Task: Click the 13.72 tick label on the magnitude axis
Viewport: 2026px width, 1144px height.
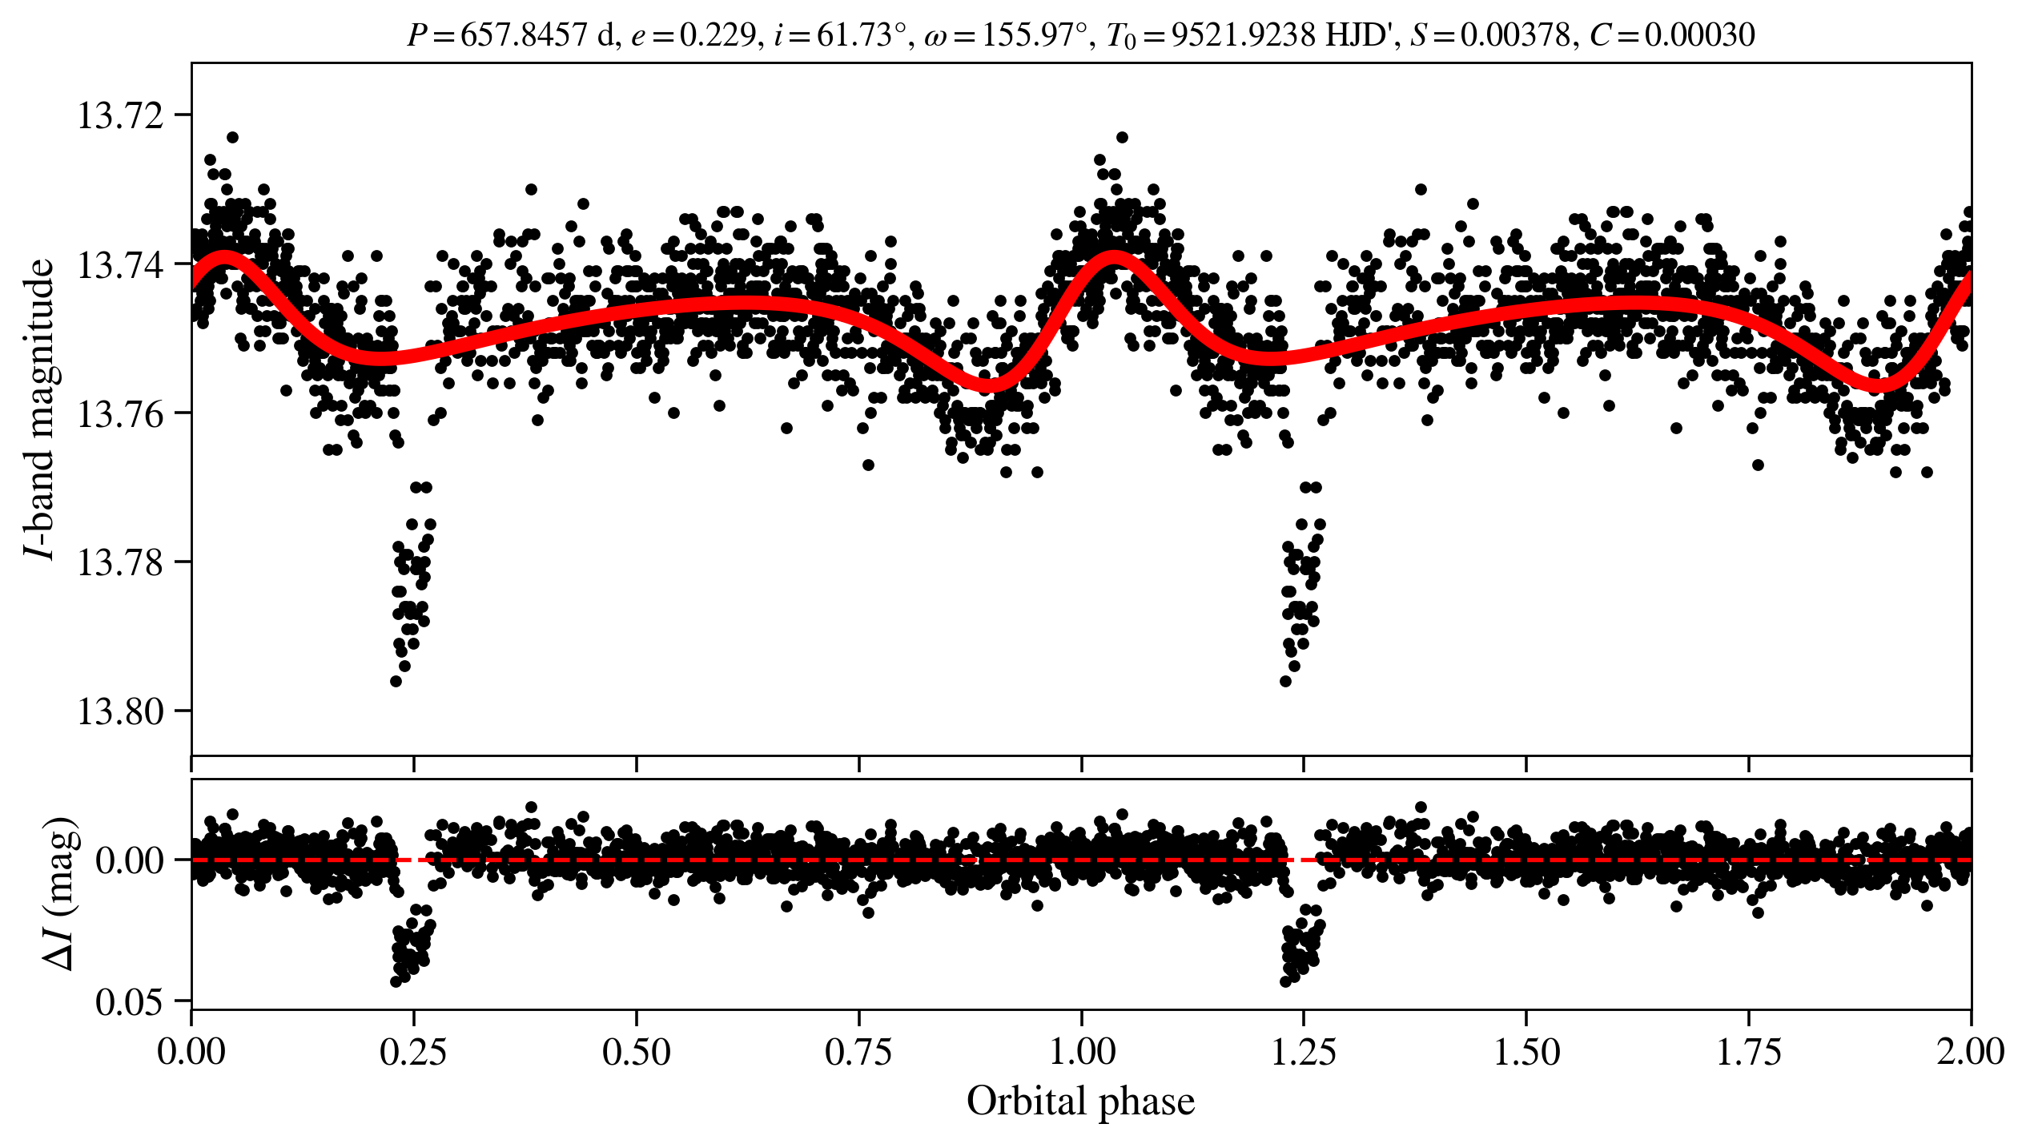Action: [118, 115]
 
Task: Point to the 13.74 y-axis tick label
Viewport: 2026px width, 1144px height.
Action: [118, 264]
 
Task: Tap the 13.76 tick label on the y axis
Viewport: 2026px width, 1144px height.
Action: [118, 413]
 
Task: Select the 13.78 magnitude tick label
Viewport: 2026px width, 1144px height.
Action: [118, 562]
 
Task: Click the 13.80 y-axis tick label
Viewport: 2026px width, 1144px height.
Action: [118, 711]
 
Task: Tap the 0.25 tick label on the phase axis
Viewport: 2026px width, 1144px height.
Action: [413, 1052]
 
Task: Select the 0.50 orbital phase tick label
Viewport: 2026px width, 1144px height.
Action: [636, 1052]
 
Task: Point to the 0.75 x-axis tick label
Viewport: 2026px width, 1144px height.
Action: [858, 1052]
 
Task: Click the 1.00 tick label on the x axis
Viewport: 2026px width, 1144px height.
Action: [1081, 1052]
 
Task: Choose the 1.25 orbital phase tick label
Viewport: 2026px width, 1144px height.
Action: [1304, 1052]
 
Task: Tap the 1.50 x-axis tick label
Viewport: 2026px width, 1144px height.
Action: [1526, 1052]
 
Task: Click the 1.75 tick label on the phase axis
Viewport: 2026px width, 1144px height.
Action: [1749, 1052]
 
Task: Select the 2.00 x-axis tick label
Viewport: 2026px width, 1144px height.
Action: [1970, 1052]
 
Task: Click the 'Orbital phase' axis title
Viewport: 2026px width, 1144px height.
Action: [1081, 1102]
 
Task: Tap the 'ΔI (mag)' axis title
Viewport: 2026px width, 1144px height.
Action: [61, 894]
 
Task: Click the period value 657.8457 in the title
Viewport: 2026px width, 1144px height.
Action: [524, 35]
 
